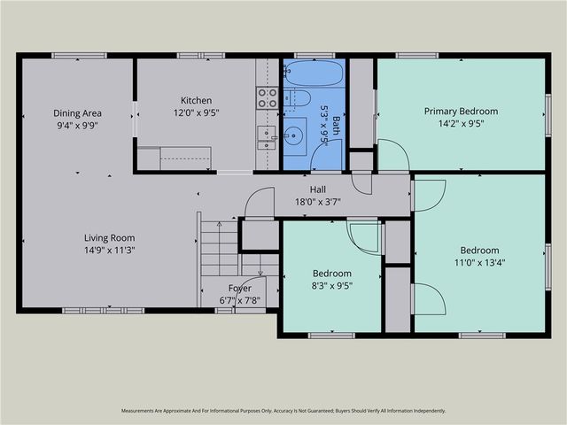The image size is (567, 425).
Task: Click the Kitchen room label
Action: point(197,100)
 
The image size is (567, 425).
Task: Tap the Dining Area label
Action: point(77,113)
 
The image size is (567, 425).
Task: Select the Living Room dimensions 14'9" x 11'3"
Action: point(110,250)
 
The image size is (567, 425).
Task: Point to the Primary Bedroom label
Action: point(461,112)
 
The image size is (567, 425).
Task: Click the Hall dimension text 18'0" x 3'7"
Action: point(318,202)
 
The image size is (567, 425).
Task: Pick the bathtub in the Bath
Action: point(313,73)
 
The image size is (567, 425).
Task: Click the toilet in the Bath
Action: point(298,98)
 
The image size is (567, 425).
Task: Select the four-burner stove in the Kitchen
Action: point(268,98)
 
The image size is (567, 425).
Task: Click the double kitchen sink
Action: point(266,138)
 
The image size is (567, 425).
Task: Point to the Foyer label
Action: point(240,288)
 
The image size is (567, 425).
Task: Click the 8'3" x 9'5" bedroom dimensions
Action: point(332,286)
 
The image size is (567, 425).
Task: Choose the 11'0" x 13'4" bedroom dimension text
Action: point(479,262)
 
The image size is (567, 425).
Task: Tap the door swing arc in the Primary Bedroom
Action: point(402,148)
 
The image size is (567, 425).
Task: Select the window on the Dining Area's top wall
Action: point(79,56)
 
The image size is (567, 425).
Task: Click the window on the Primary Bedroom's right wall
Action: point(548,115)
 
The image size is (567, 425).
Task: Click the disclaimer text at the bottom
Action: point(283,411)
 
